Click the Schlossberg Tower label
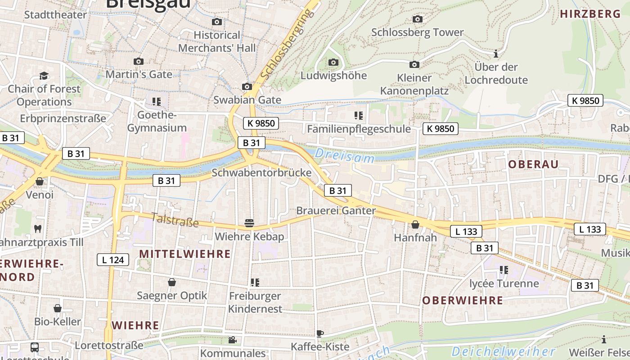pos(417,32)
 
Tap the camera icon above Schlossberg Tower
pos(418,19)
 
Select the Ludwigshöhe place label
pos(333,75)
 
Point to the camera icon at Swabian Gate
pos(247,86)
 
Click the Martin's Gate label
pos(139,74)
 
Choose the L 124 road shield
pos(113,259)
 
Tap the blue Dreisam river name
pos(345,156)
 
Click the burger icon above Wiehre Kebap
pos(249,223)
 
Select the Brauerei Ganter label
pos(336,211)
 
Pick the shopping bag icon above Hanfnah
pos(415,224)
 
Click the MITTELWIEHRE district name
pos(185,254)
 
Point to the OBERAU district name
pos(533,164)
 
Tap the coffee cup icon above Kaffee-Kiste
pos(320,333)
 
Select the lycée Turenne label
pos(504,283)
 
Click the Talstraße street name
pos(175,220)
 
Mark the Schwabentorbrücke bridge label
pos(261,172)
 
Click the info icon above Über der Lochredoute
pos(496,54)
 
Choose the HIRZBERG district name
pos(590,14)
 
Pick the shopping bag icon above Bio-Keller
pos(58,308)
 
